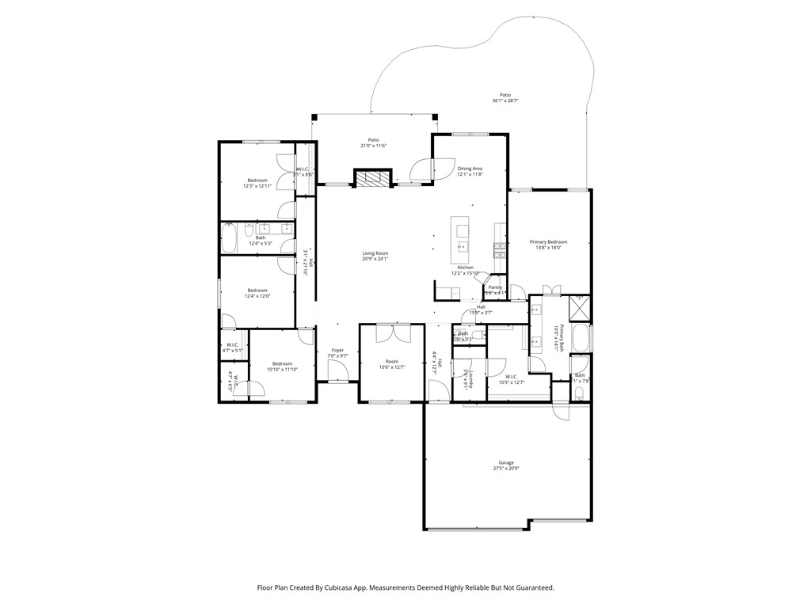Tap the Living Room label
(x=375, y=253)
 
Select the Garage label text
(x=506, y=462)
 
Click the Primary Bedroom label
(x=548, y=242)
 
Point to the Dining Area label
(x=470, y=169)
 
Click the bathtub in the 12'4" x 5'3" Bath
(x=228, y=237)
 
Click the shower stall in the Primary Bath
(x=580, y=306)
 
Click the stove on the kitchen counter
(x=500, y=250)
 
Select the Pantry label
(x=496, y=287)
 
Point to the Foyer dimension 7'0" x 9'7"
(x=337, y=355)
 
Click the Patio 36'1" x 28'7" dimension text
(x=504, y=101)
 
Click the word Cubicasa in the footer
(x=341, y=588)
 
